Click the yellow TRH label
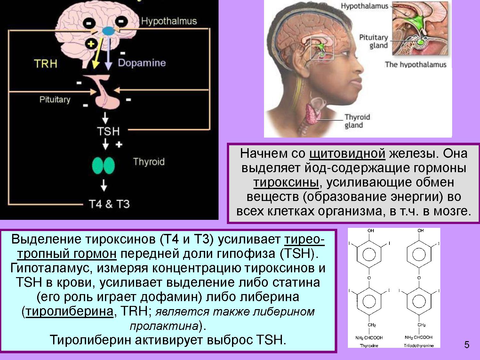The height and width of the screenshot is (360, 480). (46, 64)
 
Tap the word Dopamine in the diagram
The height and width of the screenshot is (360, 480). (142, 63)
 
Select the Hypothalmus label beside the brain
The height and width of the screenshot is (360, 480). (169, 21)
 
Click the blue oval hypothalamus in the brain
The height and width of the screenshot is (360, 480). (108, 31)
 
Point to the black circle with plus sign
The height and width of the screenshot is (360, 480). (91, 44)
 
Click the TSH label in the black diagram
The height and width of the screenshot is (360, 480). (108, 132)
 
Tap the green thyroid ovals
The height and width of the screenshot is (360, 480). (103, 165)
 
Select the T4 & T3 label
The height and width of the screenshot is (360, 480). (109, 204)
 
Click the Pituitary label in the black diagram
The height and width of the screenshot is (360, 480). (55, 100)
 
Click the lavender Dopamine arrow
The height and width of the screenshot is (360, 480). (108, 54)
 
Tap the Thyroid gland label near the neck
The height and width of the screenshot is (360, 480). (357, 121)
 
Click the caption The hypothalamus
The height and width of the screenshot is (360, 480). (415, 65)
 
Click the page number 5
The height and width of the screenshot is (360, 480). (467, 345)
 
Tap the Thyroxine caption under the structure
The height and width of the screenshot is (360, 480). (369, 346)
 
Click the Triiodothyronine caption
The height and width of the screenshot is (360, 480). (419, 346)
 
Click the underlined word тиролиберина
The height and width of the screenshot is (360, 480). (69, 311)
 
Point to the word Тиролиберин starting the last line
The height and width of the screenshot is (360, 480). (91, 340)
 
